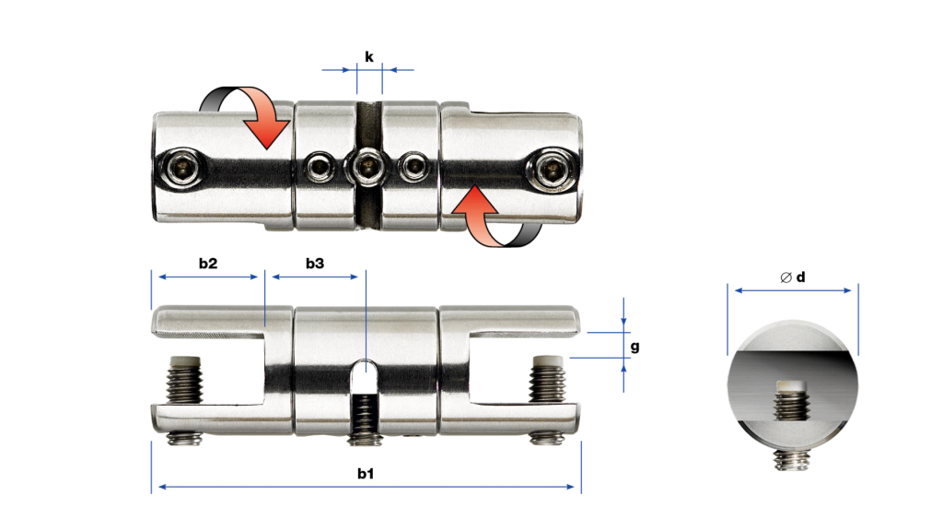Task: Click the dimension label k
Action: pos(368,56)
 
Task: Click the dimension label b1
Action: pos(365,474)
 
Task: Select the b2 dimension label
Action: pos(208,263)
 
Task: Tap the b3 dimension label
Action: pos(315,263)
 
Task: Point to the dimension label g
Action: pos(634,348)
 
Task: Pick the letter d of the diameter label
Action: pos(800,277)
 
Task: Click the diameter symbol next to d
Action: pos(786,277)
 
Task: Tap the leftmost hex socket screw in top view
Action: pos(182,168)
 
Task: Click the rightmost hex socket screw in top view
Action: pos(553,169)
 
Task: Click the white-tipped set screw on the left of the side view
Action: pos(184,379)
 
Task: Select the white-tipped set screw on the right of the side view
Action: pos(547,378)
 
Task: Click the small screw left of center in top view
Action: pos(320,167)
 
